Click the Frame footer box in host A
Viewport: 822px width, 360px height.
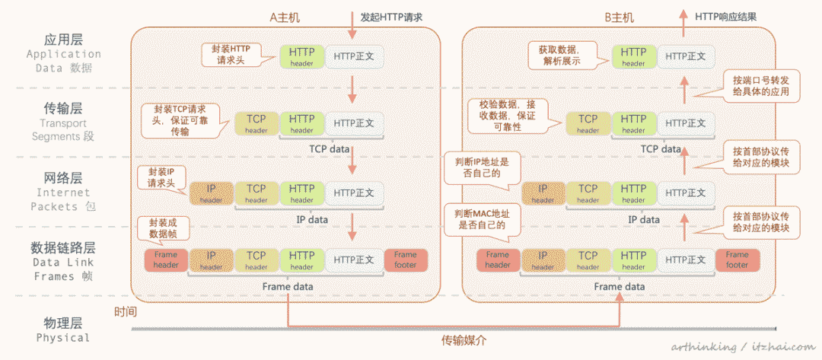click(406, 260)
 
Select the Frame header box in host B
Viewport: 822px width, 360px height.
click(498, 260)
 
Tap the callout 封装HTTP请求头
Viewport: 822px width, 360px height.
click(230, 55)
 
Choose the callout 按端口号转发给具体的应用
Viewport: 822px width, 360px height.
click(760, 86)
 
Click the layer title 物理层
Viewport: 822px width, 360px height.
click(62, 322)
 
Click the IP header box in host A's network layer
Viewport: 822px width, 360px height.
click(211, 193)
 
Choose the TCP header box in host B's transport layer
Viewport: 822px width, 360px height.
click(588, 123)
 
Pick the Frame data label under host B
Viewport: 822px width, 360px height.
click(619, 286)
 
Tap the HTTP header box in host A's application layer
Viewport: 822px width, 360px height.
click(301, 56)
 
